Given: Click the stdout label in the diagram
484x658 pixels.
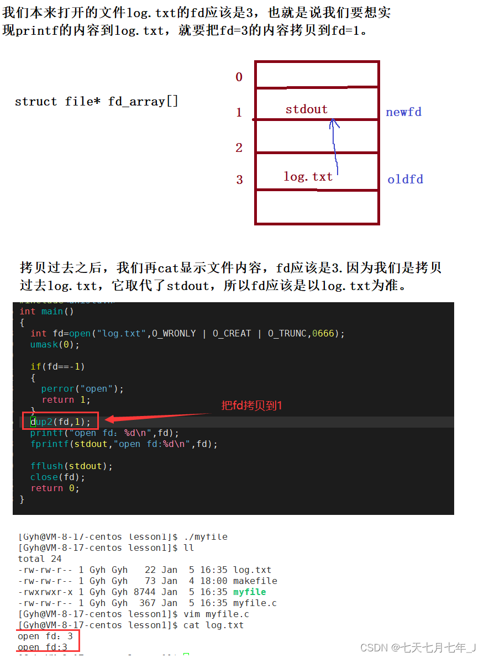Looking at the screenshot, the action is (x=306, y=109).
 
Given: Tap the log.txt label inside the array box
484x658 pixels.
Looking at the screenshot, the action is (x=308, y=177).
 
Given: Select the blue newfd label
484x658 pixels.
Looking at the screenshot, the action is (x=403, y=112).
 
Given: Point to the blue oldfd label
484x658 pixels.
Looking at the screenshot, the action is (x=405, y=180).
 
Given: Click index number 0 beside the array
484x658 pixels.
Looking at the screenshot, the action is (x=239, y=77).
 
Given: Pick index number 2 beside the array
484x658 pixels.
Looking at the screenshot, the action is (x=239, y=148).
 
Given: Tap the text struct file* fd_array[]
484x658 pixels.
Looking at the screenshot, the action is (x=96, y=102).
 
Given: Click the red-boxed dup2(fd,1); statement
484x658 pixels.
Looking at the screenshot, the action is (x=60, y=422).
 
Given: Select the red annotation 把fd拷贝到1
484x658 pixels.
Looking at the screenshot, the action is (x=251, y=406).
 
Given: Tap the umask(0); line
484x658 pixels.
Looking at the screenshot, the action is (x=55, y=345).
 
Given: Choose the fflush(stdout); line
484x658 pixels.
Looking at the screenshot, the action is (x=71, y=466).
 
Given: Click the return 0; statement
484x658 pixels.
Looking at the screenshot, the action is (x=55, y=488).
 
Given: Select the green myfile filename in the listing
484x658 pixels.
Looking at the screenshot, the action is (x=249, y=592).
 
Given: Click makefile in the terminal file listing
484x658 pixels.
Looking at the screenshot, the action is (x=255, y=581).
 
